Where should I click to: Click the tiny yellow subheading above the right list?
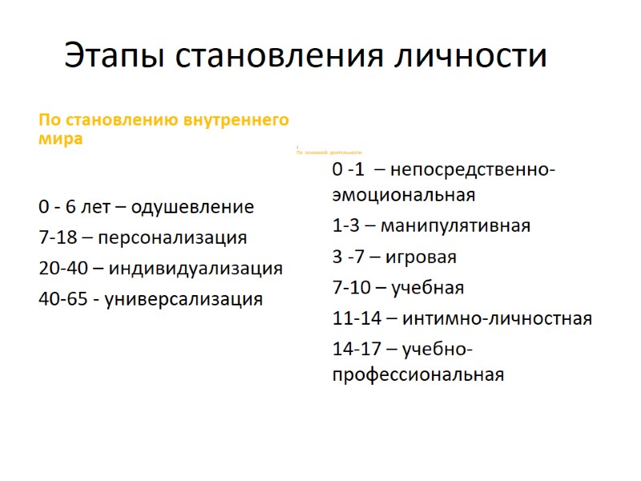point(329,152)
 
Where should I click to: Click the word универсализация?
point(184,299)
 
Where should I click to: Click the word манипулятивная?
point(455,225)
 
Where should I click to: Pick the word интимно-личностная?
point(497,318)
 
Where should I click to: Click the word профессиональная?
point(418,374)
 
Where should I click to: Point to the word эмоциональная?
point(404,195)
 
